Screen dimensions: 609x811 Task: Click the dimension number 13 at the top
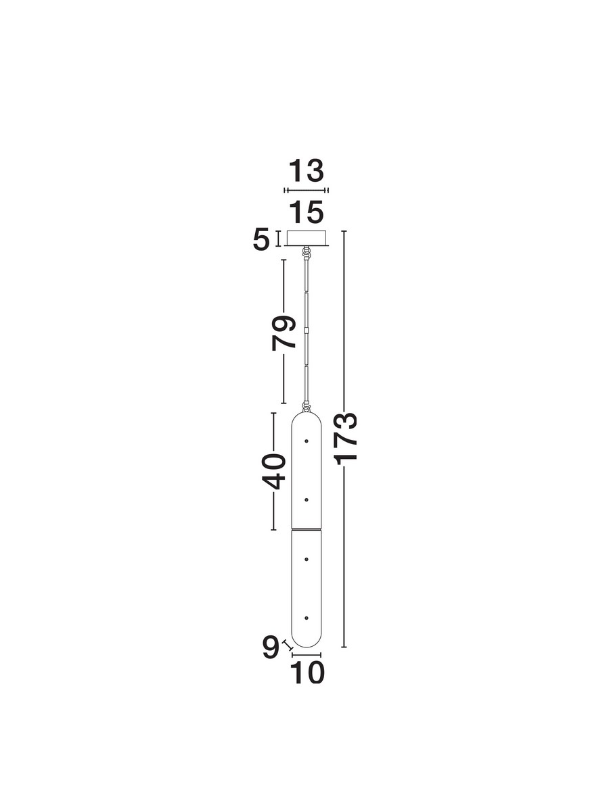(x=306, y=171)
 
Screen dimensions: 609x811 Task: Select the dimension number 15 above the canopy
(x=306, y=212)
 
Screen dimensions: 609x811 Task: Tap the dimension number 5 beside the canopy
(x=261, y=240)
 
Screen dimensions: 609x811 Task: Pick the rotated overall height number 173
(x=345, y=438)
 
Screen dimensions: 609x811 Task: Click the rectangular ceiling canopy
(x=306, y=239)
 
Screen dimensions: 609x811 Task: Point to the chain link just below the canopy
(x=306, y=253)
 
